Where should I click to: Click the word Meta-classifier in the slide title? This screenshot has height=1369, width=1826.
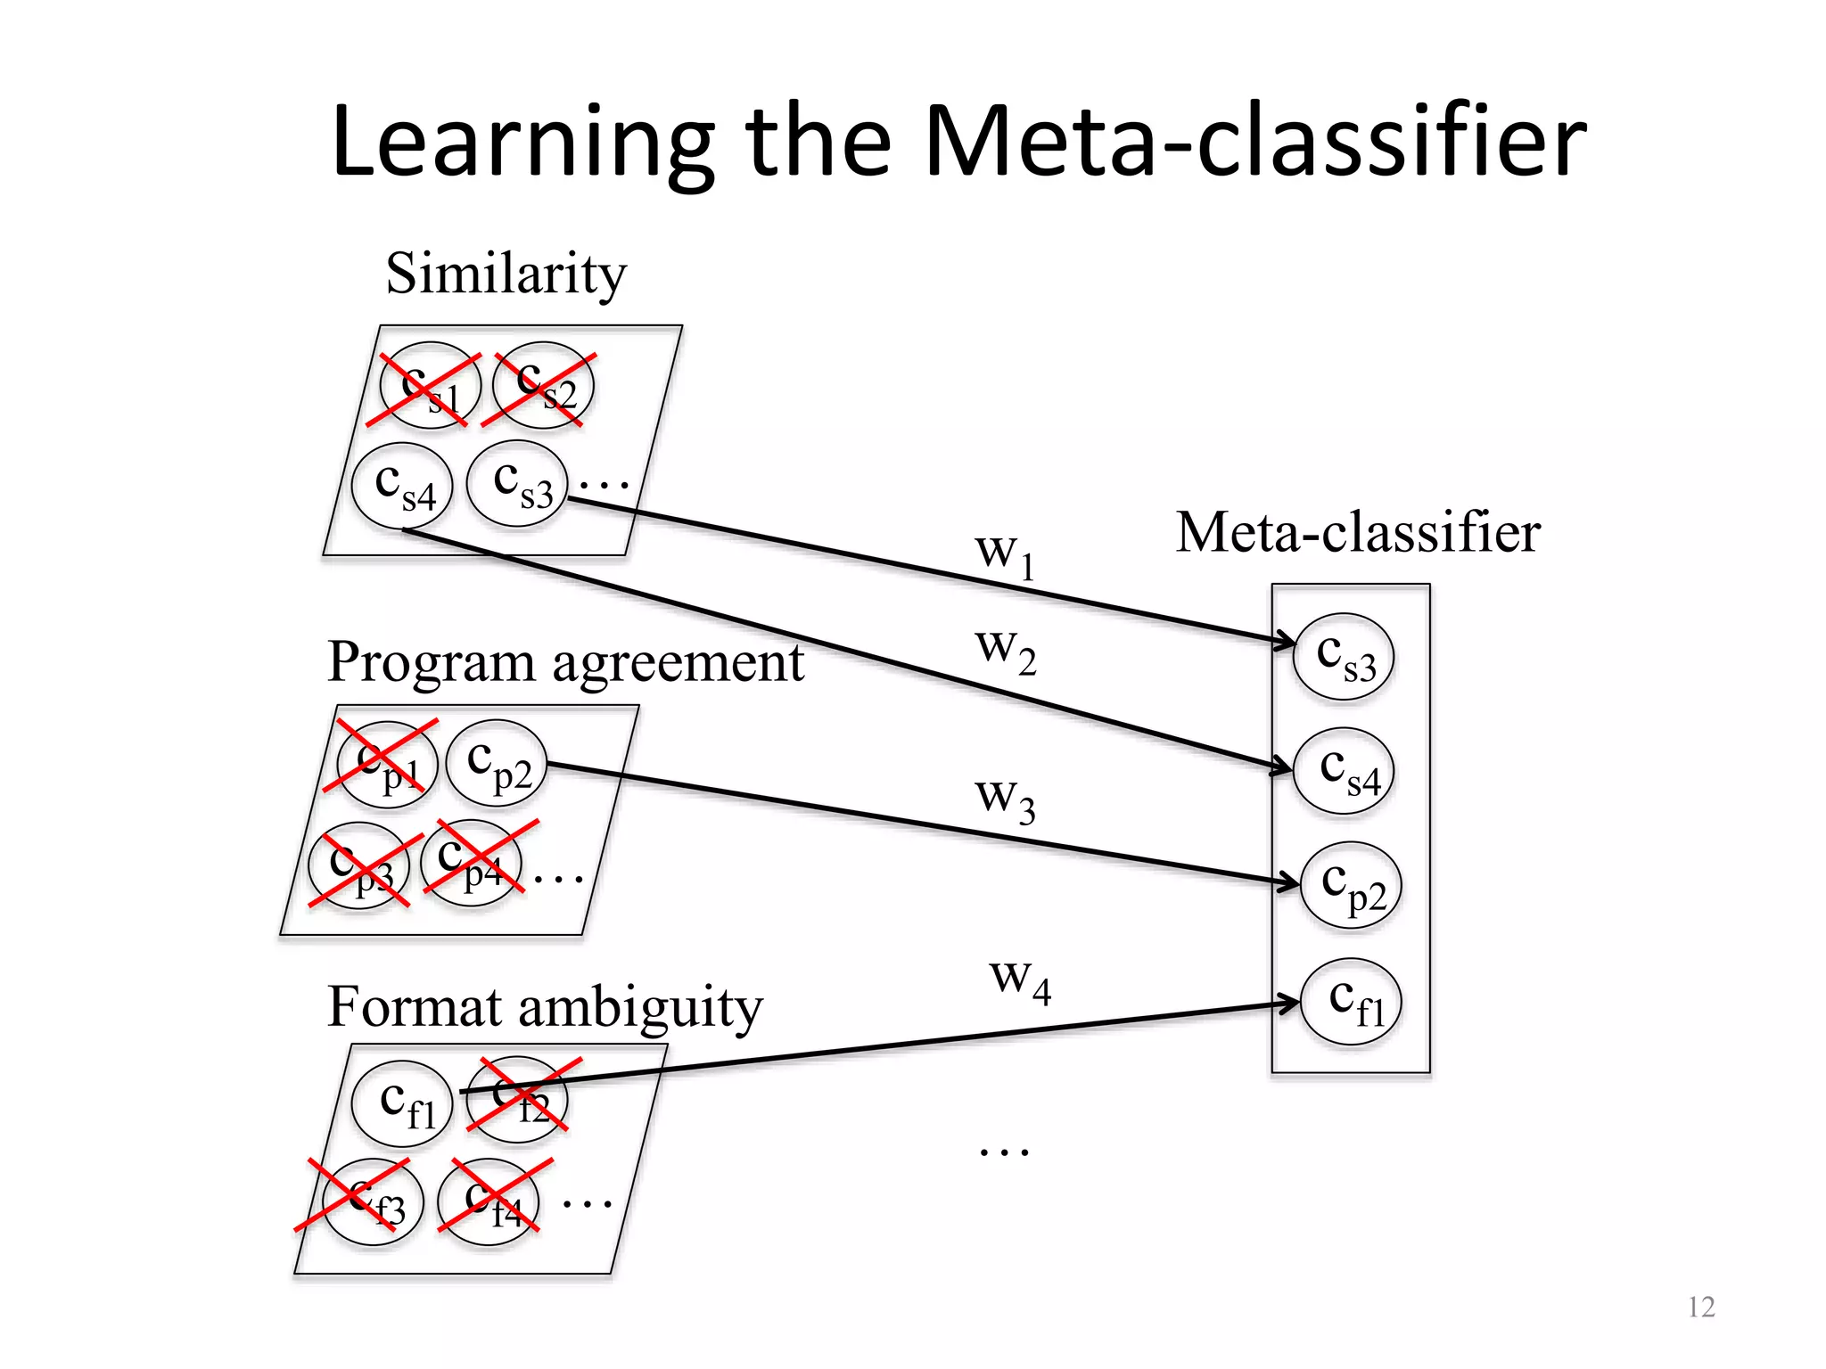[x=1255, y=143]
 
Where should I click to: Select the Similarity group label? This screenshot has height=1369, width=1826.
[x=506, y=274]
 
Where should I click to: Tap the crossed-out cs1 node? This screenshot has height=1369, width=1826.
[x=430, y=386]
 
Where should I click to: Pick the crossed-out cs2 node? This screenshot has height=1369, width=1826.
[x=543, y=385]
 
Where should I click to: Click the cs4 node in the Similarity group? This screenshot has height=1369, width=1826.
[x=402, y=487]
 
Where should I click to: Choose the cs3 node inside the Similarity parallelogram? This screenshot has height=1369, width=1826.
[x=517, y=484]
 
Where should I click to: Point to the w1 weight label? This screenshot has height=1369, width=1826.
[x=1005, y=553]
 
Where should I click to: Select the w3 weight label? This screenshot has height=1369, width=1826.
[x=1005, y=798]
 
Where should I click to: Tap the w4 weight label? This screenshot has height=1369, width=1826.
[x=1020, y=979]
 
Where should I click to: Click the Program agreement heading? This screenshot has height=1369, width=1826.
[x=565, y=663]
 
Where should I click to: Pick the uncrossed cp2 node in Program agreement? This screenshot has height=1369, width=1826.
[x=496, y=763]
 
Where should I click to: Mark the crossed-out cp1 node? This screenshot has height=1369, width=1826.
[x=387, y=764]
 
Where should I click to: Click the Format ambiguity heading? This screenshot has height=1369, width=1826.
[x=545, y=1008]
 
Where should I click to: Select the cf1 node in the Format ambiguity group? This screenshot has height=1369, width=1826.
[x=403, y=1103]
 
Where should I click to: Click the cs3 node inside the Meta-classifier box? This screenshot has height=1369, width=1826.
[x=1344, y=657]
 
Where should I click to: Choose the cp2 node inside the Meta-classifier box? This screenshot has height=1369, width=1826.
[x=1351, y=885]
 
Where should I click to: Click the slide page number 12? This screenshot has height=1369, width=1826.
[x=1701, y=1307]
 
